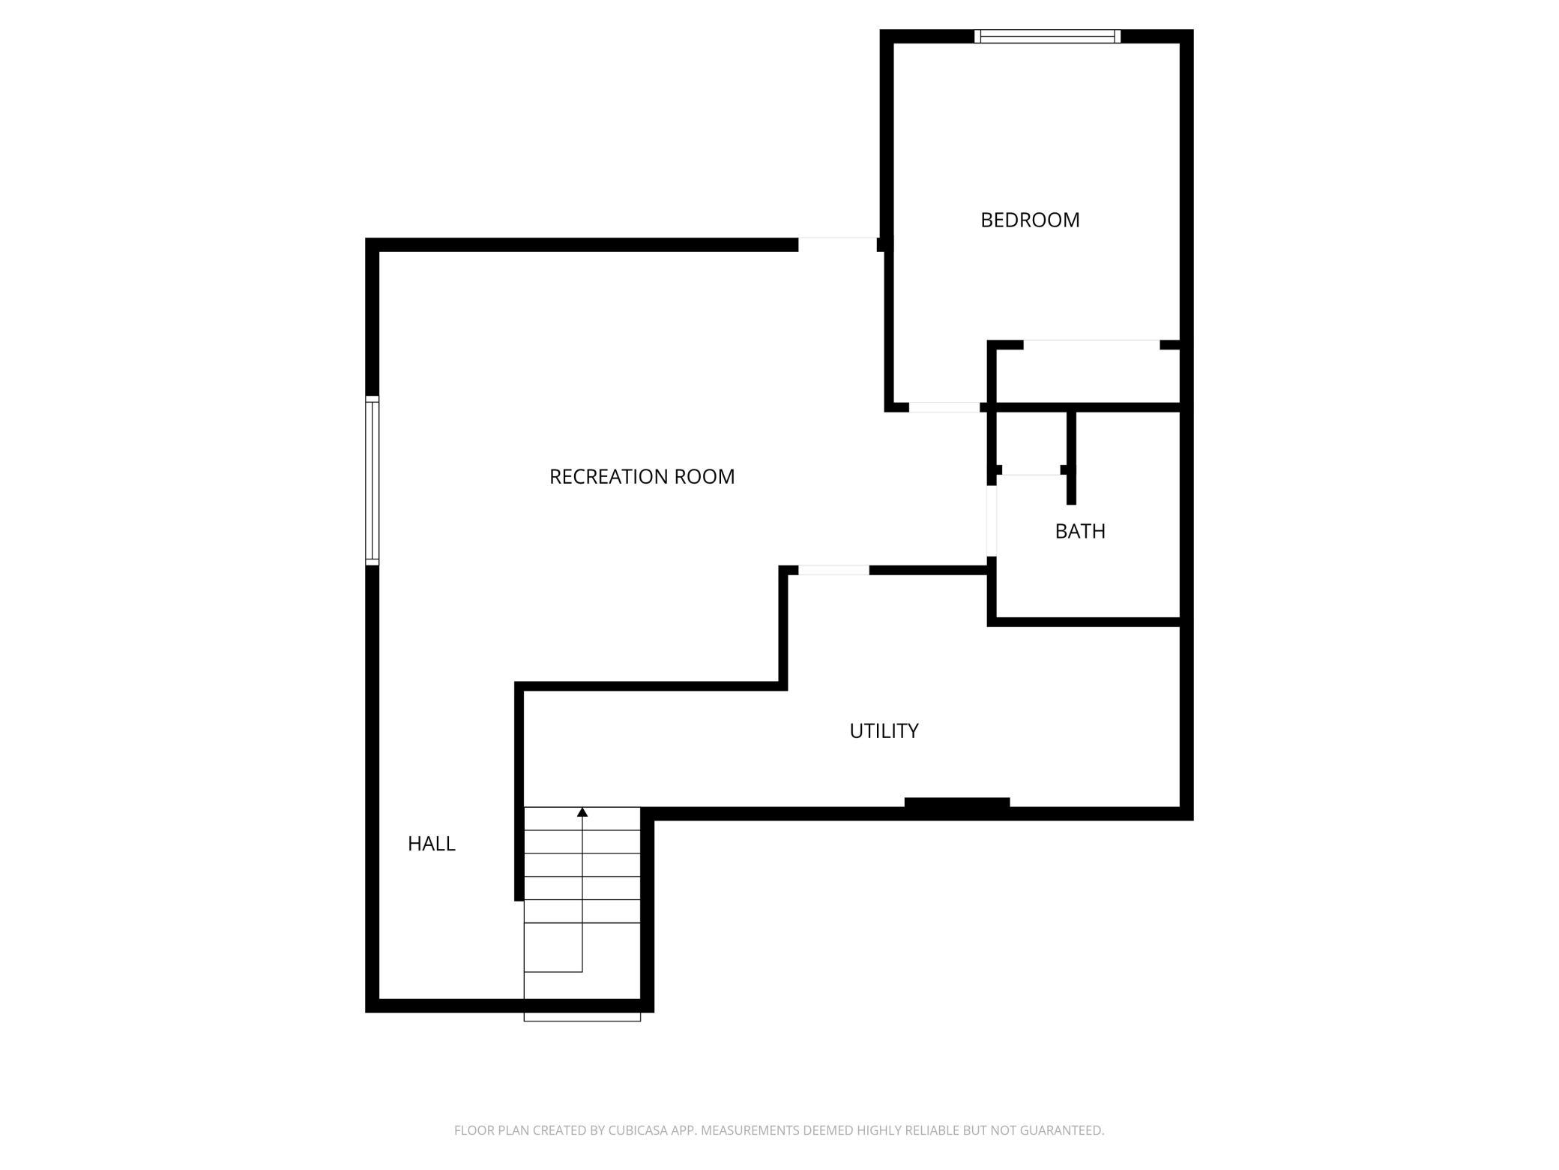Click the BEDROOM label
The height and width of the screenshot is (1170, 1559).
1030,220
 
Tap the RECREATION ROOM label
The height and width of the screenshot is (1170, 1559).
642,477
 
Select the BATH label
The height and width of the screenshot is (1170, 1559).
1080,531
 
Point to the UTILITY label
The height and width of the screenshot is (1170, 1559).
884,730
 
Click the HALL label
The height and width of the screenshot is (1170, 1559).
431,844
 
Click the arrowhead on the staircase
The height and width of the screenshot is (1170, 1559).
582,812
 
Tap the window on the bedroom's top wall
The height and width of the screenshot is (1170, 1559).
1047,36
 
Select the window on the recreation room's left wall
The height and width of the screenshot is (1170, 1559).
372,480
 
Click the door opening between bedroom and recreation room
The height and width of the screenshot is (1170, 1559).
944,407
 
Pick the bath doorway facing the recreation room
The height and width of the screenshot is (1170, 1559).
992,521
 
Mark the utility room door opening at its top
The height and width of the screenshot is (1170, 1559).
833,570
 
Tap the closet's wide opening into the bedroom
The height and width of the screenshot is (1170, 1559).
1091,344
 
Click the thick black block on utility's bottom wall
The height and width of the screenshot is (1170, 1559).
957,802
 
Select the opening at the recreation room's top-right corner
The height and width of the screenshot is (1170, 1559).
837,244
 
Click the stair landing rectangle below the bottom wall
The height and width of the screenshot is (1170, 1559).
582,1017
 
